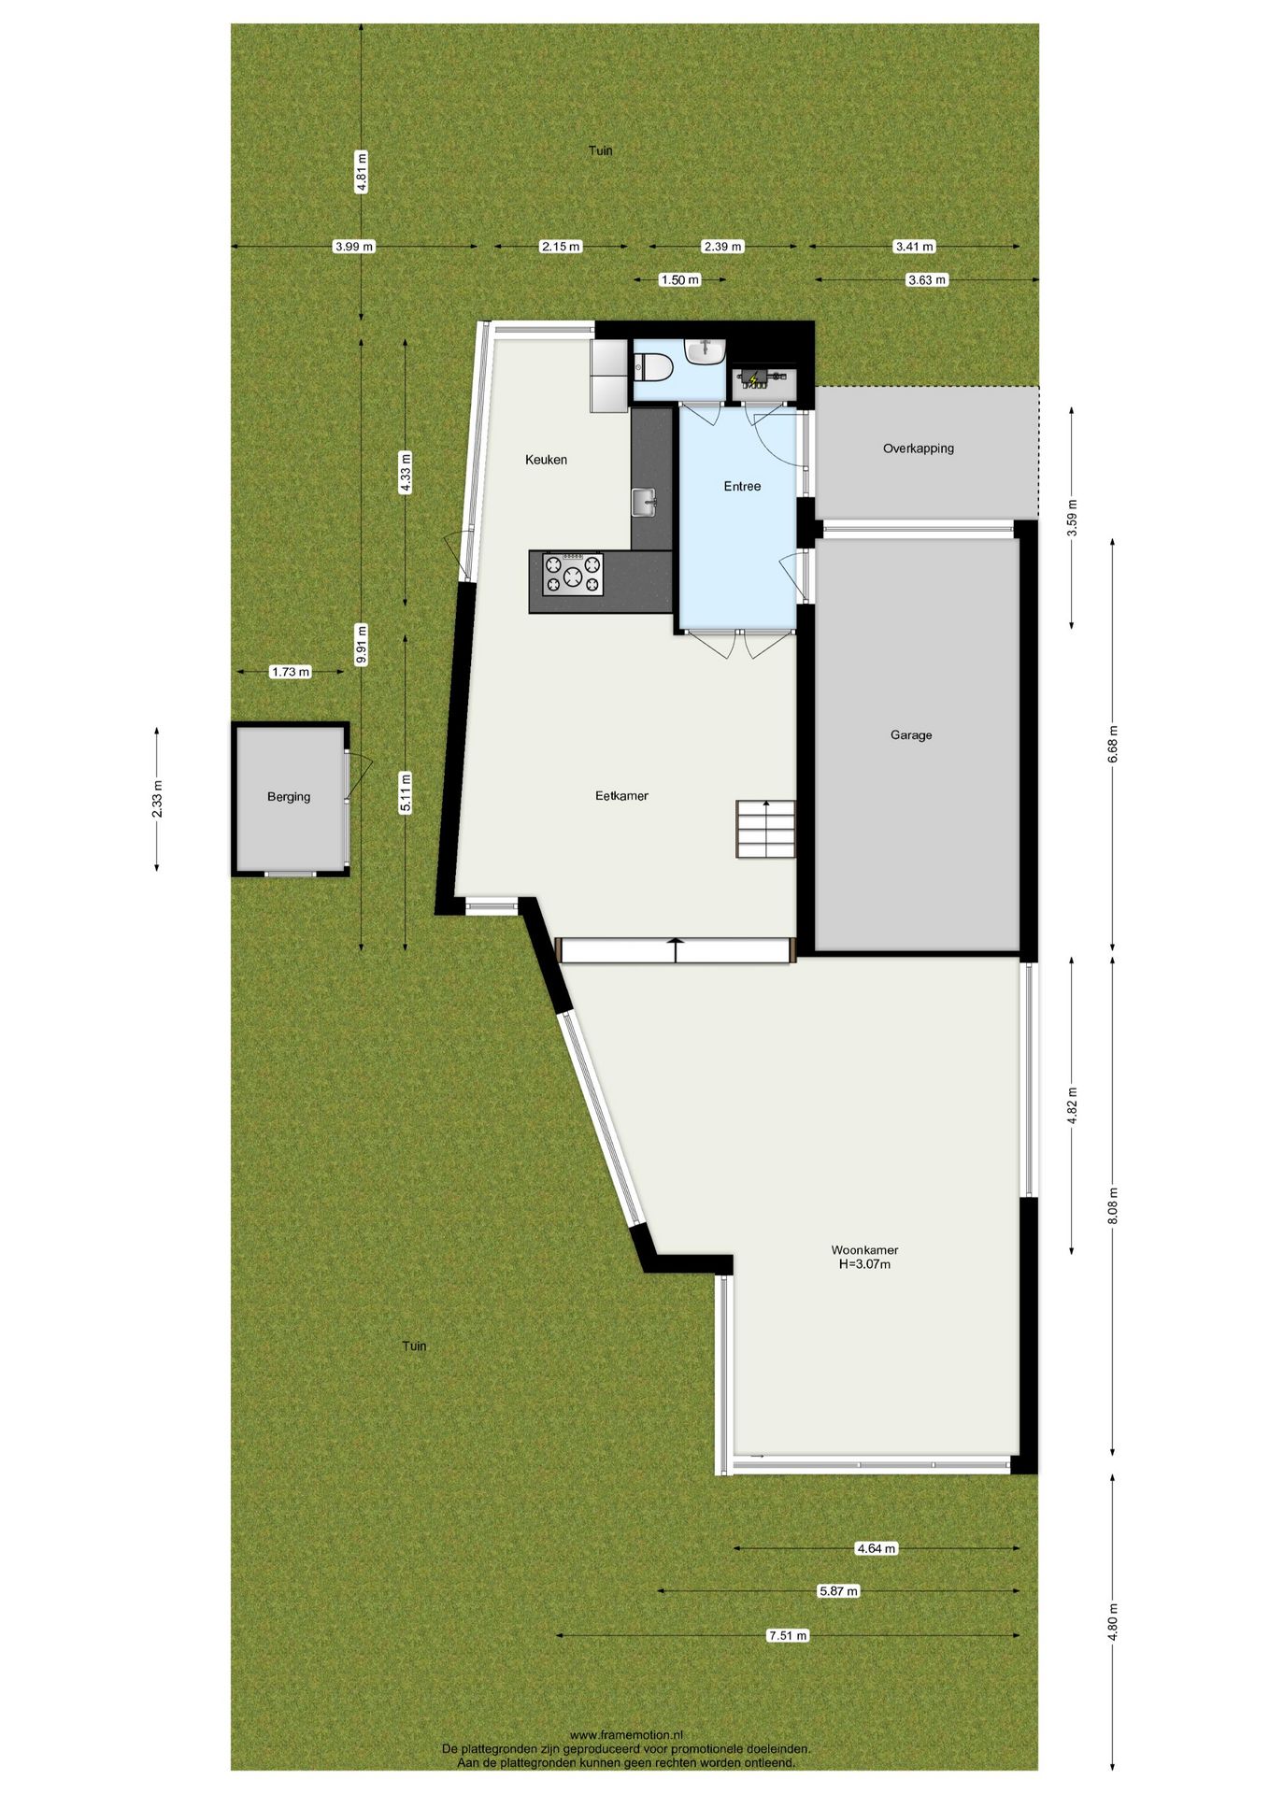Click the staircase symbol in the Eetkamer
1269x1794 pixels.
765,829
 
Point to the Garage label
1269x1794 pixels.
911,735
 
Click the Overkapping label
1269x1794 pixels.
919,448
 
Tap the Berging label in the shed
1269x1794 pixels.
289,797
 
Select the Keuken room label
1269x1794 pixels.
546,460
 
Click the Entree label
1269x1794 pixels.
742,486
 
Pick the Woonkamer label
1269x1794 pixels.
864,1250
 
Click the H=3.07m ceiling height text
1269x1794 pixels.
864,1265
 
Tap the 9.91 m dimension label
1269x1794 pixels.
362,644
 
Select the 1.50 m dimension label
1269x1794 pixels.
679,279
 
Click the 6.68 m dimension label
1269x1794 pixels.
1112,744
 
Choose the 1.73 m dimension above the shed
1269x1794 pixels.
290,672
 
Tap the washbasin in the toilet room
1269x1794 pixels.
706,350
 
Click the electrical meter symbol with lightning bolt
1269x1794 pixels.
755,378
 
